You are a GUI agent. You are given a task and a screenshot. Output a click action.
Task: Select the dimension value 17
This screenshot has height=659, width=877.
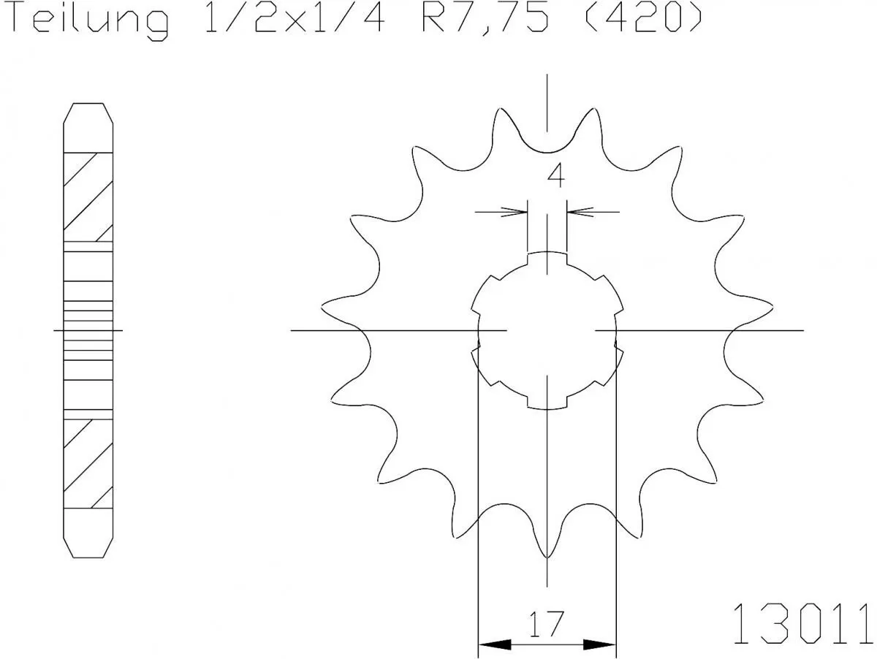(547, 624)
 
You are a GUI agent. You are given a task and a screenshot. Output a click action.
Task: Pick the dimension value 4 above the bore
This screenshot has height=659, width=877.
(556, 176)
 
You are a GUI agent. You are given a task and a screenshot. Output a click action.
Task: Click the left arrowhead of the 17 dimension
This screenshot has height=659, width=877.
(494, 645)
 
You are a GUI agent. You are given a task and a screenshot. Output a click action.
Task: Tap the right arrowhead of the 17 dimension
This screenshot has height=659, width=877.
(600, 645)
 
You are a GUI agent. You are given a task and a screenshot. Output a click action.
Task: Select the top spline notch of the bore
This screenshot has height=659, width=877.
(547, 257)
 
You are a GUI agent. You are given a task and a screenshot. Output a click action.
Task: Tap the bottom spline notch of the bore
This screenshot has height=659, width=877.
(547, 403)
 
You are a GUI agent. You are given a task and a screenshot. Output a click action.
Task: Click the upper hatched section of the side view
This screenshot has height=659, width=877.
(88, 197)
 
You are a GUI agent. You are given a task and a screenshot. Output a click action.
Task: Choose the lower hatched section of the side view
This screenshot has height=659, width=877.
(88, 463)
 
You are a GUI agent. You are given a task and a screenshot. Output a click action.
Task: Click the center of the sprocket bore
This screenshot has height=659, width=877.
(547, 330)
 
